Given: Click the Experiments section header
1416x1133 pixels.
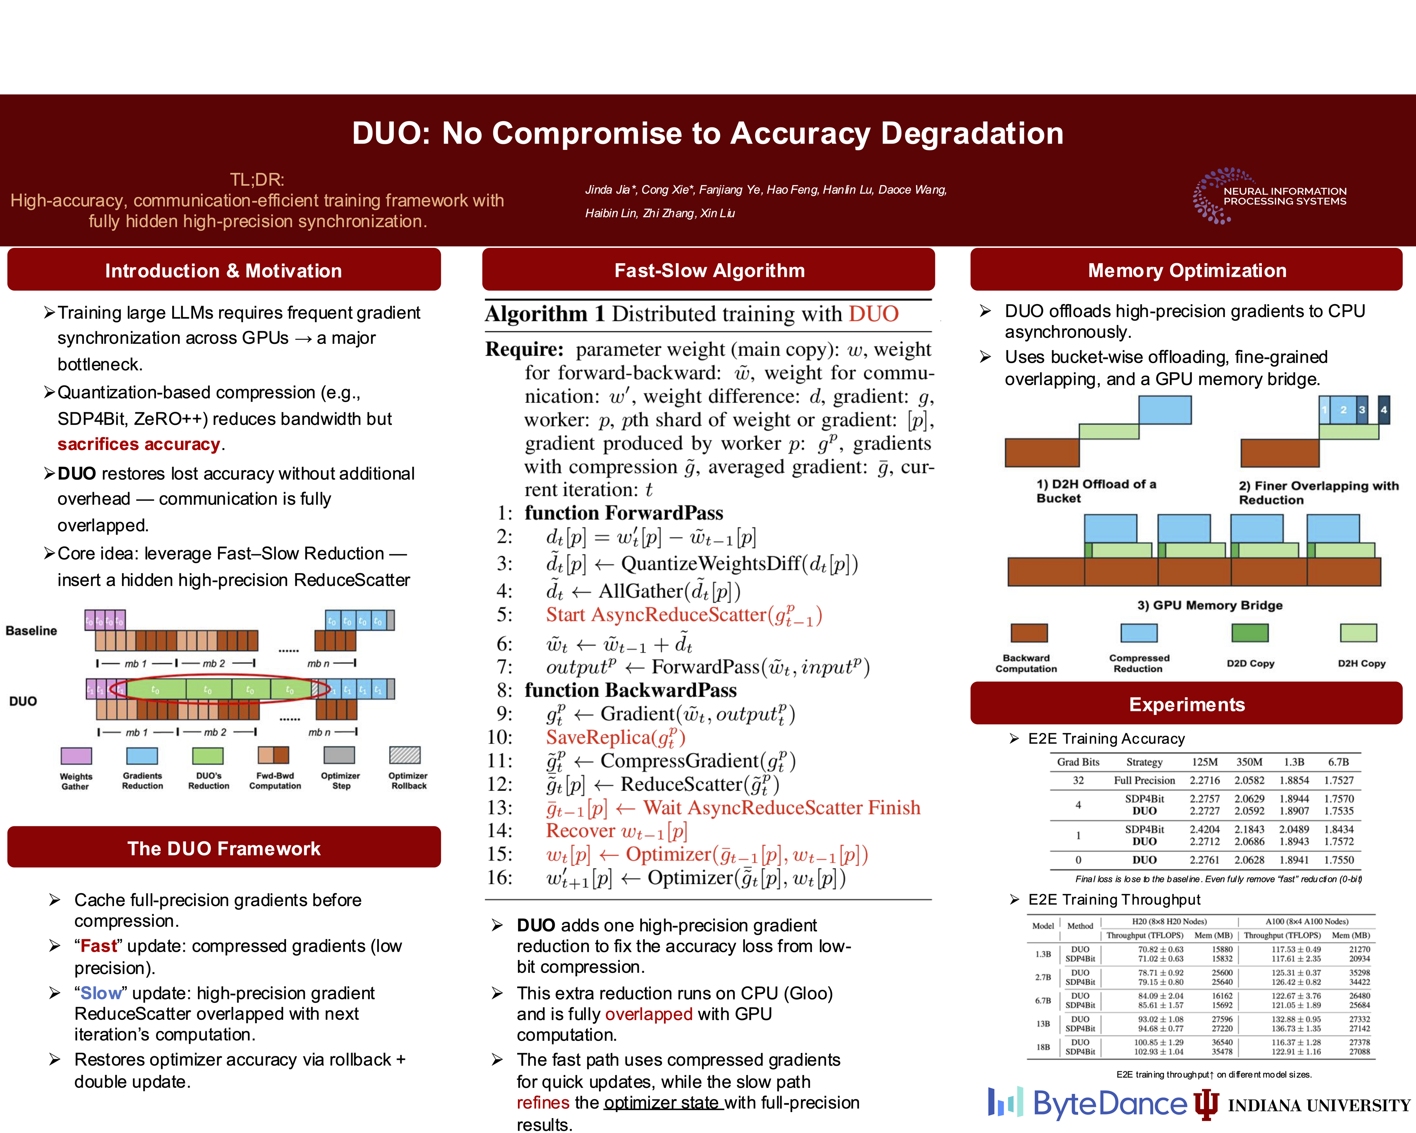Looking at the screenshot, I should [x=1186, y=704].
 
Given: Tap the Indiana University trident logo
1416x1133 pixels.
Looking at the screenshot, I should [x=1206, y=1103].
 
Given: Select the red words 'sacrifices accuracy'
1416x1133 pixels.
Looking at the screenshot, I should [x=138, y=444].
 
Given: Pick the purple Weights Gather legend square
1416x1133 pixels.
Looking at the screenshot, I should [x=76, y=755].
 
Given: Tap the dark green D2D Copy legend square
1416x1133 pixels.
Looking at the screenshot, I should [x=1250, y=633].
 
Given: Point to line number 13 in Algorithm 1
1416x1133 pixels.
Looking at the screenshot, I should [x=500, y=807].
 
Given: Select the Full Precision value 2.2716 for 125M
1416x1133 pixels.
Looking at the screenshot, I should [x=1204, y=780].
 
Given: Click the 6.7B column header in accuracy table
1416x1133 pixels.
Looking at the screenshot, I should [x=1339, y=762].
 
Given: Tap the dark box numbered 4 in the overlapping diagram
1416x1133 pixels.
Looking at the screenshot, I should [x=1384, y=409].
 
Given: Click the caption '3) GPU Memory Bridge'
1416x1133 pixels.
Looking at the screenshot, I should [x=1210, y=605].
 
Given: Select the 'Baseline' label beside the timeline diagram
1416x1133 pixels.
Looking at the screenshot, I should [x=31, y=631].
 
